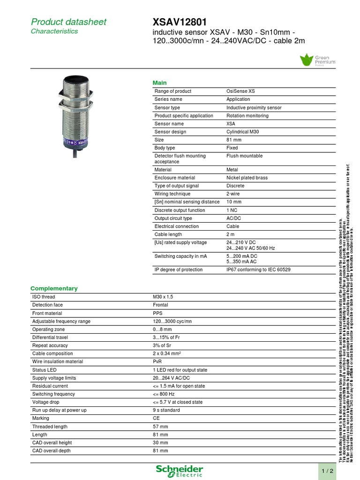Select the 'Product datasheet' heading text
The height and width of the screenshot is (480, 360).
click(x=68, y=22)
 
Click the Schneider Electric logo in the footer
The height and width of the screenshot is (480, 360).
click(x=180, y=471)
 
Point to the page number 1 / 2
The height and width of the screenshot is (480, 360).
click(x=327, y=471)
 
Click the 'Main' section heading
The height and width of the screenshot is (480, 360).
click(x=160, y=82)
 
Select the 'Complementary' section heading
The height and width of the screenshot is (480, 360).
click(x=54, y=288)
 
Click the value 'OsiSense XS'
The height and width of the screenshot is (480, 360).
click(x=240, y=91)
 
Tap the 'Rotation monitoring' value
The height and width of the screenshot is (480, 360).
click(x=247, y=116)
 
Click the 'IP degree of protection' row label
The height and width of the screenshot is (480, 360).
click(x=179, y=270)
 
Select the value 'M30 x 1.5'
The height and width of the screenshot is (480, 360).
click(x=163, y=297)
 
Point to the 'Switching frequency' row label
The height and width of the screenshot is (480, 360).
click(x=53, y=394)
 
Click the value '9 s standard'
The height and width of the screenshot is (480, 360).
click(x=166, y=410)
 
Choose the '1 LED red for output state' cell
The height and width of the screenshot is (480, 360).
click(x=180, y=370)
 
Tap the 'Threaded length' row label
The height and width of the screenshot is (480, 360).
click(x=50, y=427)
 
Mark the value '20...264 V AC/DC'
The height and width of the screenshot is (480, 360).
click(x=171, y=378)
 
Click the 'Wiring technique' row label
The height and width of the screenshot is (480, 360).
click(x=172, y=194)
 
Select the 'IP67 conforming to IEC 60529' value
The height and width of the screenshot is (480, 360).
click(x=258, y=270)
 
